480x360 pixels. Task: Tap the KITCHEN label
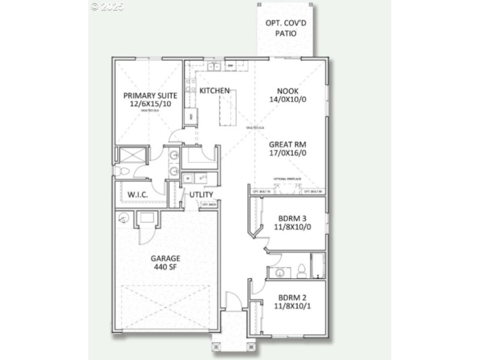pyautogui.click(x=214, y=91)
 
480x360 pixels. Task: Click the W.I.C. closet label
pyautogui.click(x=137, y=195)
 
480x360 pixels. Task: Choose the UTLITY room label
pyautogui.click(x=201, y=195)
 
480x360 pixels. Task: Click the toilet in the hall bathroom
pyautogui.click(x=302, y=271)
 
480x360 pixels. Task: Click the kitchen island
pyautogui.click(x=229, y=107)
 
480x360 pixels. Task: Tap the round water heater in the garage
pyautogui.click(x=124, y=218)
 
